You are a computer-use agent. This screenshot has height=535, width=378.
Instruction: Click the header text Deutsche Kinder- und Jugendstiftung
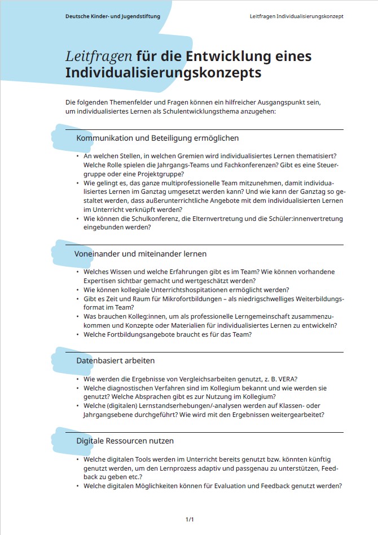click(x=112, y=16)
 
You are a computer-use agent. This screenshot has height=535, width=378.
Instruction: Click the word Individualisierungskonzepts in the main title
click(x=163, y=73)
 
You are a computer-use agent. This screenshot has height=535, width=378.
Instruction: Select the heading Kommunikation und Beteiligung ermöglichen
click(x=157, y=138)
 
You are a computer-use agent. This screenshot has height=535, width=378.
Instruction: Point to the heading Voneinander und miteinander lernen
click(x=140, y=254)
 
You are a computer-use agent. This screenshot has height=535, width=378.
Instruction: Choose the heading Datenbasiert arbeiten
click(x=115, y=360)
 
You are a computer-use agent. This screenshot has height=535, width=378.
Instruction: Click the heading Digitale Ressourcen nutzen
click(x=125, y=441)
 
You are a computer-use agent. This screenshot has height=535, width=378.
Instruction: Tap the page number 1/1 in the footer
click(x=190, y=519)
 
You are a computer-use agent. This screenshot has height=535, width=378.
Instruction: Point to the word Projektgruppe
click(x=145, y=173)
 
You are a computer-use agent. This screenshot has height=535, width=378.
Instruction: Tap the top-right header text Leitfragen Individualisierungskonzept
click(x=296, y=16)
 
